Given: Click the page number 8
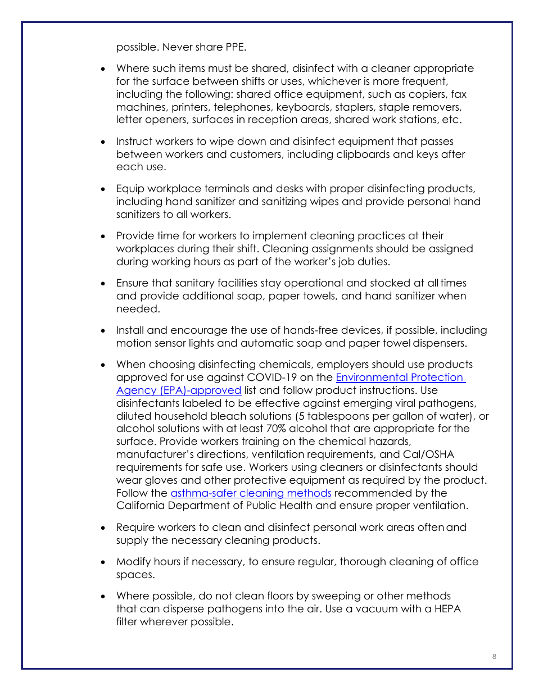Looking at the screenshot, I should [494, 657].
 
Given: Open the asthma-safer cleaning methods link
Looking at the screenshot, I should [251, 493].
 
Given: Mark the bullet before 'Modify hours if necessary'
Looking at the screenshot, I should [103, 562].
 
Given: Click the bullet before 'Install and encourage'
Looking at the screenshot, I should [103, 331].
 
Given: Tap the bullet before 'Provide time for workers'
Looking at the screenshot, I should [103, 237].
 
